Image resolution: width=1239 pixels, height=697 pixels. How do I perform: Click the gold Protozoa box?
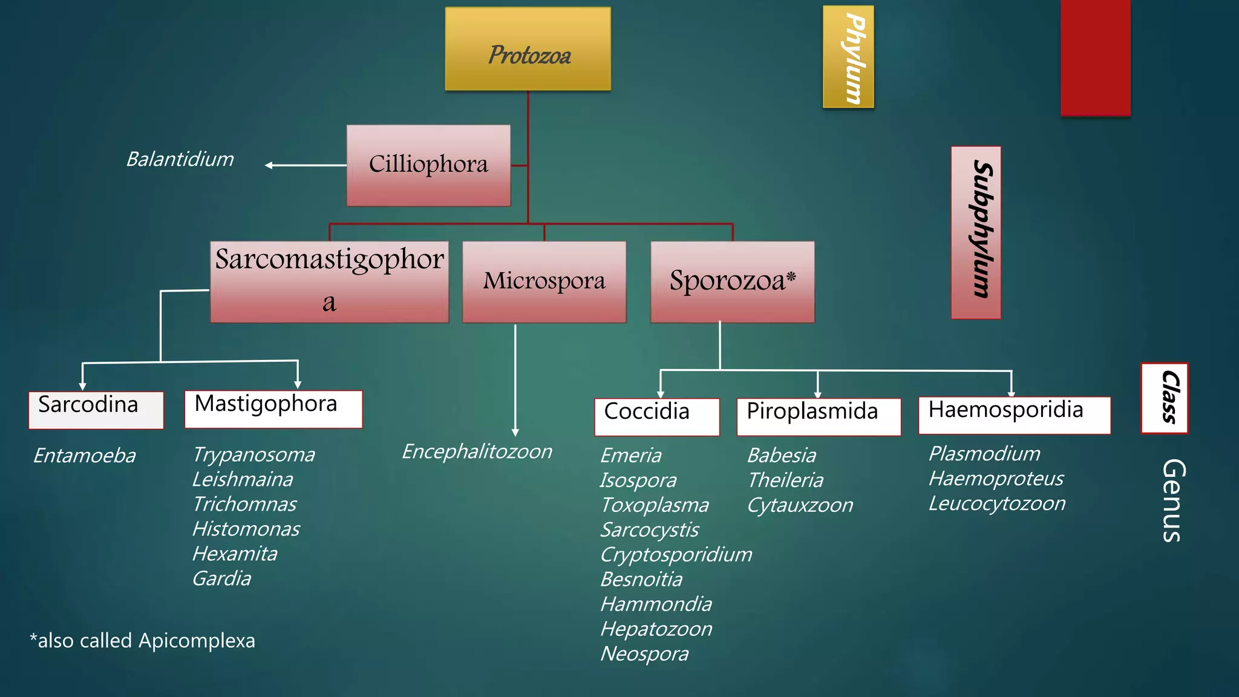tap(528, 49)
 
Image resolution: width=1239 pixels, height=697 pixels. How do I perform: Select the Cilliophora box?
tap(428, 165)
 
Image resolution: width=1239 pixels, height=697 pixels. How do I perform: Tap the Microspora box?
tap(544, 281)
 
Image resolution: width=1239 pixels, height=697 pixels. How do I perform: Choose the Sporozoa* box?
tap(732, 281)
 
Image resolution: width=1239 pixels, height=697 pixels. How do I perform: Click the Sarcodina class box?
tap(96, 410)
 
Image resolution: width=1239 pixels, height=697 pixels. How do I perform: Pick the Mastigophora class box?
tap(273, 408)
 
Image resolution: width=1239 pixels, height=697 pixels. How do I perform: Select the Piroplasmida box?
tap(818, 416)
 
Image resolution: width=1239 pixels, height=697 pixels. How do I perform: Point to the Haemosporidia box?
tap(1014, 414)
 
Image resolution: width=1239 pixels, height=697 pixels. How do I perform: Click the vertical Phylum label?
tap(848, 57)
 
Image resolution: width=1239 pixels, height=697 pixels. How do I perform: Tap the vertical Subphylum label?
tap(975, 232)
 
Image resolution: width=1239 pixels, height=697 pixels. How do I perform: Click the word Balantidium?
tap(180, 159)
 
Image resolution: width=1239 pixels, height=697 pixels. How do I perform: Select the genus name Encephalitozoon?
tap(477, 451)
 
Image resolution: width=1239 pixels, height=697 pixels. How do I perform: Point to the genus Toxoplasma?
tap(655, 505)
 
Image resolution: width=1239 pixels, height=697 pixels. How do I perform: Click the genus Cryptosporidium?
tap(676, 554)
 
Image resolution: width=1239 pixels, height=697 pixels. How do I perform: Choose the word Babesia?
tap(782, 455)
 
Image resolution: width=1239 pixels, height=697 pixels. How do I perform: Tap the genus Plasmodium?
tap(984, 453)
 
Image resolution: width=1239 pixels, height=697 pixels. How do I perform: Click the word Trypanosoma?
tap(253, 454)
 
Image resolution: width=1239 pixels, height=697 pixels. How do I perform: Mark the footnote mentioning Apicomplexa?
tap(143, 640)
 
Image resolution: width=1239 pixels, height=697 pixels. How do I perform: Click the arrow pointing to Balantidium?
tap(305, 165)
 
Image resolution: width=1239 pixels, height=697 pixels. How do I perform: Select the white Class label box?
tap(1164, 398)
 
